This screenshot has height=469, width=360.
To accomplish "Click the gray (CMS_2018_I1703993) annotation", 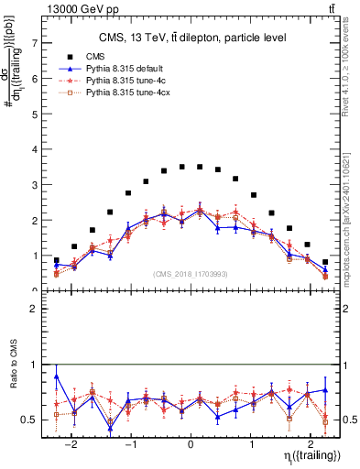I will pos(191,274).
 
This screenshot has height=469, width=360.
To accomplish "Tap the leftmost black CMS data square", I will pos(57,260).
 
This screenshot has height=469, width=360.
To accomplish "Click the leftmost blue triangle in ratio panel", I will pos(57,376).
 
